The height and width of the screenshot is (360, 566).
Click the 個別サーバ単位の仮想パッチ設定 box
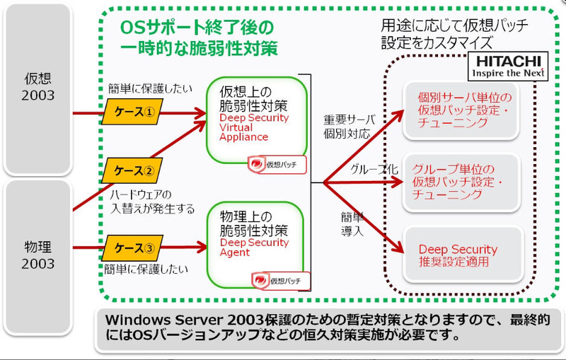pyautogui.click(x=463, y=109)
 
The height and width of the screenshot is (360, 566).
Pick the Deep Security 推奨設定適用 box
pyautogui.click(x=463, y=255)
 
